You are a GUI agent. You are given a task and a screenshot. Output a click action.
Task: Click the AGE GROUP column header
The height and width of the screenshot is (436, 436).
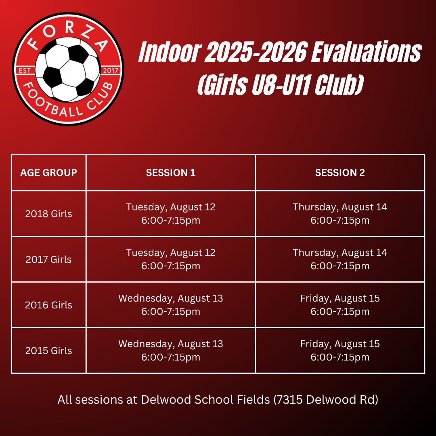pos(49,173)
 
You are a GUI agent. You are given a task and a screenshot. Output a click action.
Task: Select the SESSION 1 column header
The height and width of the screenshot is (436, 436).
pos(171,173)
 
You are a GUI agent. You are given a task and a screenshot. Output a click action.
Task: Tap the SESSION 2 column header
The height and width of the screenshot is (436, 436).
pos(340,173)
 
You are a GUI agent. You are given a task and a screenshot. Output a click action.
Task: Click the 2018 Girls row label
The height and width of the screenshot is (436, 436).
pos(49,214)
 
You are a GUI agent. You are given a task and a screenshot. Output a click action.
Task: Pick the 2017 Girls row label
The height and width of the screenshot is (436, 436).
pos(49,260)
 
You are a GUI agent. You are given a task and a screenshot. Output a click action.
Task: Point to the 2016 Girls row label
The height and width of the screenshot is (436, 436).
pos(49,305)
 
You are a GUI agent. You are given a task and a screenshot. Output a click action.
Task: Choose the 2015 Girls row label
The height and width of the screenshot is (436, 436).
pos(49,351)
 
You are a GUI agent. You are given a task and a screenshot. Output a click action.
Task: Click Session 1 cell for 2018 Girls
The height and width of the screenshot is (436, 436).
pos(171,214)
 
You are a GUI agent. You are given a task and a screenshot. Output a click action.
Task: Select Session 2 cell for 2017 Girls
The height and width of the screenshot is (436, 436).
pos(340,259)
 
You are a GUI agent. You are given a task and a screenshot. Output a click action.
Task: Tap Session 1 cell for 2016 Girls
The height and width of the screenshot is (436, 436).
pos(171,305)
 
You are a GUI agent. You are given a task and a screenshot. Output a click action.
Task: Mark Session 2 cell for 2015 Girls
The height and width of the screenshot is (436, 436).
pos(340,350)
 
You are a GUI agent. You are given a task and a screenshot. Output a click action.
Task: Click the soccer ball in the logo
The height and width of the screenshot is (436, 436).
pos(67,69)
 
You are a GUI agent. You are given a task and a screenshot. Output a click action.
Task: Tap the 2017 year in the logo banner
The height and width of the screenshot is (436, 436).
pos(111,70)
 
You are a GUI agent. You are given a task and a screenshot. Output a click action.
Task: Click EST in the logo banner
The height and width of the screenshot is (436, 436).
pos(25,70)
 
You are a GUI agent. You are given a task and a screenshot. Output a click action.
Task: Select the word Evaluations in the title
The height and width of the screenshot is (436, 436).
pos(366,52)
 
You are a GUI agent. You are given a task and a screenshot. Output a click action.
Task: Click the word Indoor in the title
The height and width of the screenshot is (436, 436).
pos(170,52)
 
